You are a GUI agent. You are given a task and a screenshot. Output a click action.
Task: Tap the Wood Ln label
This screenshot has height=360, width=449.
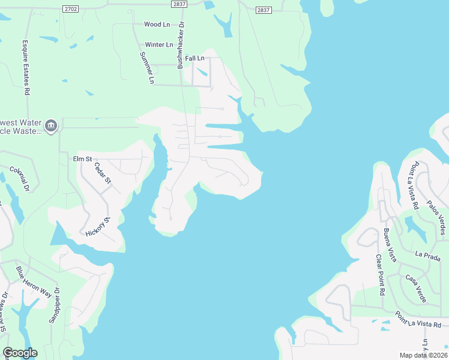pyautogui.click(x=157, y=25)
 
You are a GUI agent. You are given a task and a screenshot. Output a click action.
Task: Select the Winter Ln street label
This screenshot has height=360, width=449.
pyautogui.click(x=159, y=45)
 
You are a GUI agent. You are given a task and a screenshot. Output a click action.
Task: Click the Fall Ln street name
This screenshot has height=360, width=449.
pyautogui.click(x=194, y=58)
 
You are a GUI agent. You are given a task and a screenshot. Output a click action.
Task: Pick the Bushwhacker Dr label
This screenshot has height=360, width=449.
pyautogui.click(x=180, y=45)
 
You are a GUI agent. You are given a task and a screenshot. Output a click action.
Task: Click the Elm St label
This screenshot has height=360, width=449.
pyautogui.click(x=82, y=159)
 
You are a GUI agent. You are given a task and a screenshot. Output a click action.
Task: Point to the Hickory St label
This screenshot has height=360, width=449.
pyautogui.click(x=98, y=227)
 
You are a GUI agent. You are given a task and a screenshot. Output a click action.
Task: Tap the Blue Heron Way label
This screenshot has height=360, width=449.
pyautogui.click(x=34, y=282)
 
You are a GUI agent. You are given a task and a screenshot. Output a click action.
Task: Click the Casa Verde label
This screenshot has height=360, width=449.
pyautogui.click(x=415, y=287)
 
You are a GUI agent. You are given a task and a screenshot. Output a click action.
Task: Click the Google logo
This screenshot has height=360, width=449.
pyautogui.click(x=20, y=353)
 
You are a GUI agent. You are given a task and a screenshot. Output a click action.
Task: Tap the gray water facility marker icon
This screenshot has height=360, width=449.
pyautogui.click(x=51, y=125)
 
